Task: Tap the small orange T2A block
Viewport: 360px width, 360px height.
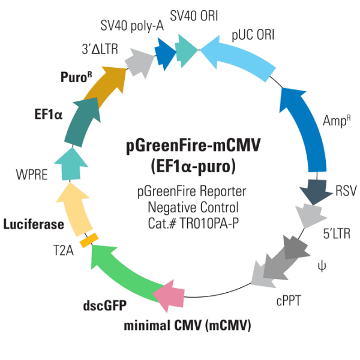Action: [89, 239]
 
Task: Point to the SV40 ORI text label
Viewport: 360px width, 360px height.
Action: [196, 13]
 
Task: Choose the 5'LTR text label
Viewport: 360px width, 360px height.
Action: [335, 230]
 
